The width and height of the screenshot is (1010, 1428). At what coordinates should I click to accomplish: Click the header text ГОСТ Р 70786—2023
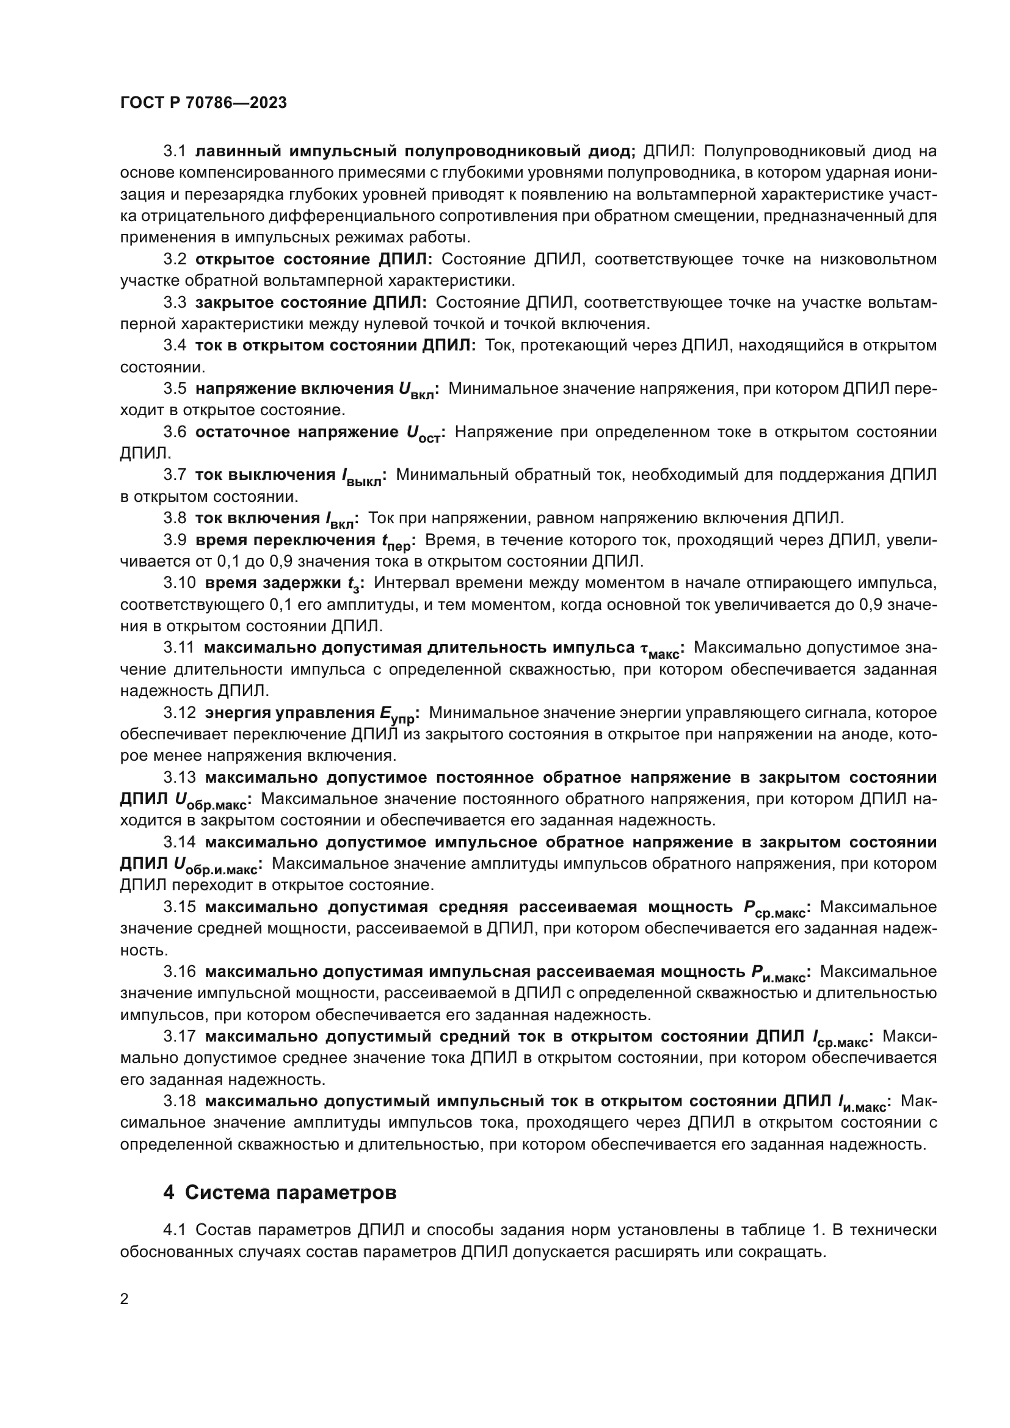203,103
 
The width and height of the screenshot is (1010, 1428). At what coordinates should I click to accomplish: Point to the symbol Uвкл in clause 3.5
416,391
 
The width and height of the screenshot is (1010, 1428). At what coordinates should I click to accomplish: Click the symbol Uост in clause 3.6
423,434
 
